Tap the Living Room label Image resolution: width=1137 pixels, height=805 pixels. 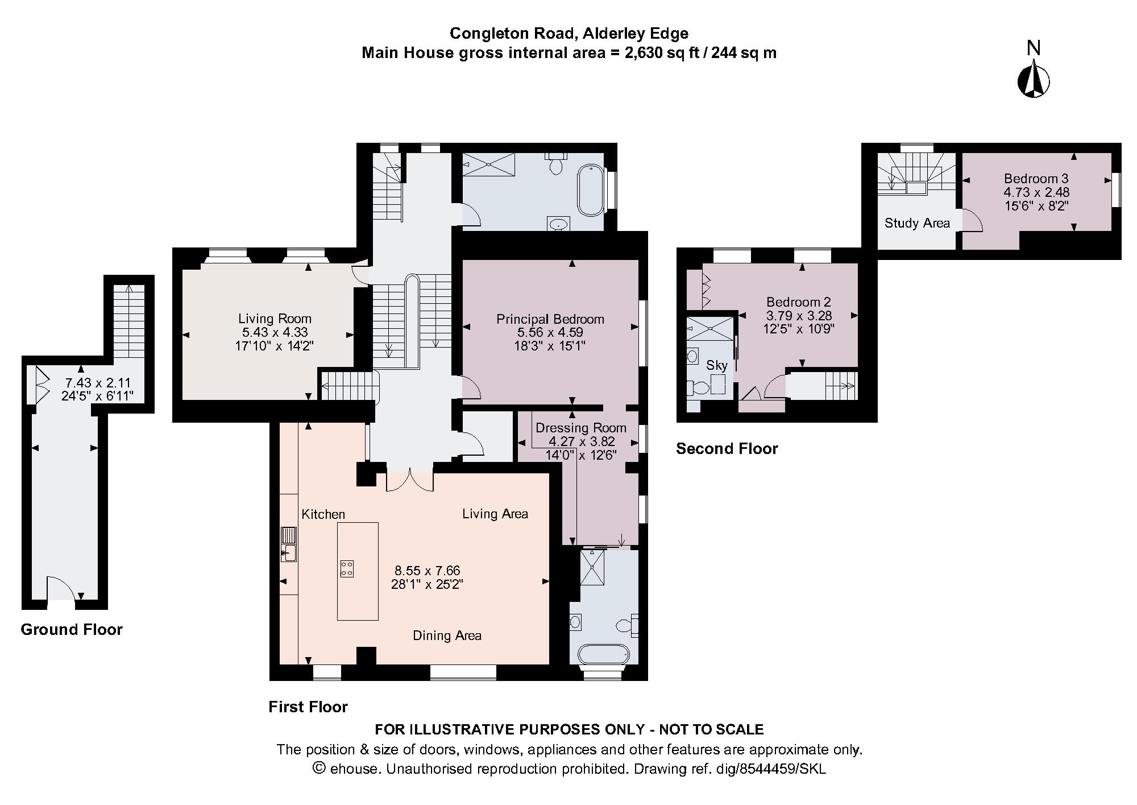click(275, 319)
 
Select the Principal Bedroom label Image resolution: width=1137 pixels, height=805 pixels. click(550, 319)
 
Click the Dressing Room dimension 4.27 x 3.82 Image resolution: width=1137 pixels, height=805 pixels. click(581, 441)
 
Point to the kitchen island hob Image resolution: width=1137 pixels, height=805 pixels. click(346, 568)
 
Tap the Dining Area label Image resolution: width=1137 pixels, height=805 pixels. click(447, 635)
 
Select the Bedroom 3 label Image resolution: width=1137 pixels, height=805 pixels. click(1036, 178)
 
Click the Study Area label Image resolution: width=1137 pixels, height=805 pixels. click(916, 223)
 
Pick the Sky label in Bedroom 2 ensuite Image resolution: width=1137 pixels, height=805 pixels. click(716, 365)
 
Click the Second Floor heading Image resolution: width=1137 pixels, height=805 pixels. click(727, 448)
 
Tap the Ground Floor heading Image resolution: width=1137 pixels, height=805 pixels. click(72, 629)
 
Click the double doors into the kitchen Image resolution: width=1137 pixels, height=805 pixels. click(409, 480)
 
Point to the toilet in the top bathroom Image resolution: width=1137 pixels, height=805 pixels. click(556, 165)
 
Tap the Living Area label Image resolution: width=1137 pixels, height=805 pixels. click(495, 514)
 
